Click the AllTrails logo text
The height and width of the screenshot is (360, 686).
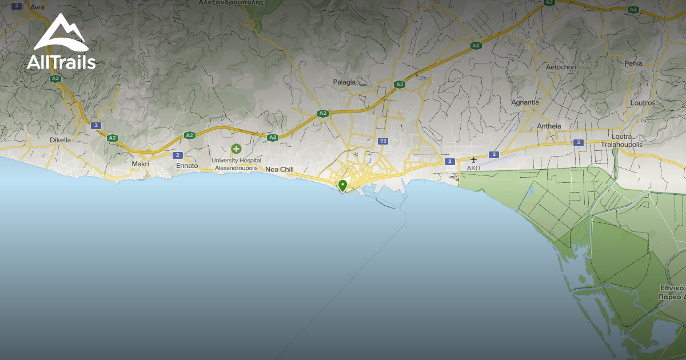[61, 63]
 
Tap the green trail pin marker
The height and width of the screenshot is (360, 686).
[342, 186]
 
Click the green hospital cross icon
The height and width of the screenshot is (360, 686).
[236, 149]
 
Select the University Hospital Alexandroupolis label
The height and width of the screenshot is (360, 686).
[236, 164]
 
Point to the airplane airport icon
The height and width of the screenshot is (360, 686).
[473, 159]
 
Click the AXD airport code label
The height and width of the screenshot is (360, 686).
[473, 168]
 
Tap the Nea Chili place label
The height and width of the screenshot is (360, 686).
[280, 169]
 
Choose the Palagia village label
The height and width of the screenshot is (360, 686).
[344, 82]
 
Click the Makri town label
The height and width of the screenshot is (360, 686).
[140, 164]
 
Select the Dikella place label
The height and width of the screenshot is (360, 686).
[61, 139]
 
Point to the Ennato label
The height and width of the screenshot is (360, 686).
[187, 166]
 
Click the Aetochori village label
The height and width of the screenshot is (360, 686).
[561, 67]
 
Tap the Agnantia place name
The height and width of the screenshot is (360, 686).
[525, 102]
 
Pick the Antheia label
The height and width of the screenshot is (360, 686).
[549, 126]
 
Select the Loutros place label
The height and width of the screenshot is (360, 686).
[642, 103]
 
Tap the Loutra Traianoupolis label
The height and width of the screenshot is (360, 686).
[622, 141]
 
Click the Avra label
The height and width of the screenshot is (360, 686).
[37, 7]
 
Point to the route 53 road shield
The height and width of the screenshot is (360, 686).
[383, 141]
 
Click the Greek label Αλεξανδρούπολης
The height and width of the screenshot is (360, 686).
[231, 3]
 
